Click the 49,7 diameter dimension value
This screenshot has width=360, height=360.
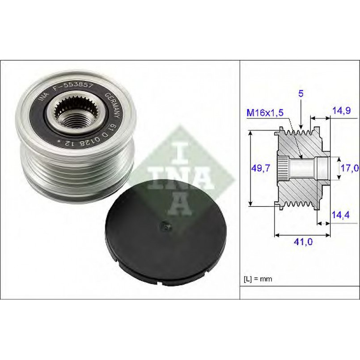point(261,168)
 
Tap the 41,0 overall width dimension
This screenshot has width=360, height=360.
point(303,242)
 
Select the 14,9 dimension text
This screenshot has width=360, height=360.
point(342,110)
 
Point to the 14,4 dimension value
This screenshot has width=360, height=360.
point(341,215)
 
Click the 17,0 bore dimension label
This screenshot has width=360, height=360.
point(350,168)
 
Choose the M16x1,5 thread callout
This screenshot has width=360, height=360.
point(265,113)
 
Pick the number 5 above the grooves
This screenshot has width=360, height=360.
point(301,93)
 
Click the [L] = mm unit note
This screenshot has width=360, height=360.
point(258,279)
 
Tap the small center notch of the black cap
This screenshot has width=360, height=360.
point(166,226)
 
